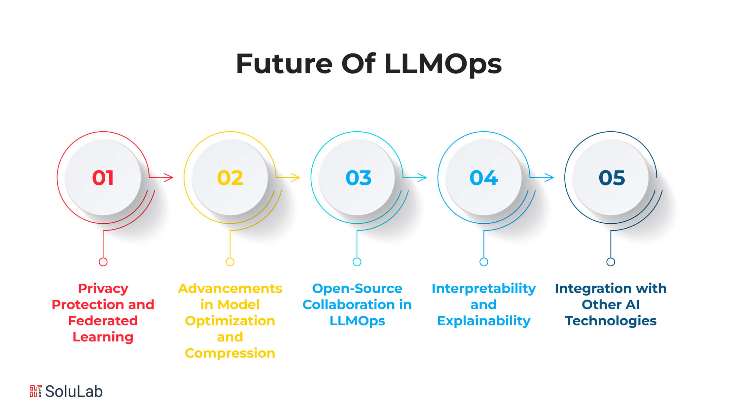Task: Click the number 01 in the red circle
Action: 103,178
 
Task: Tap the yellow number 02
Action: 230,178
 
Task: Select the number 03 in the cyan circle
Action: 359,178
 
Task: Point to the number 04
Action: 484,178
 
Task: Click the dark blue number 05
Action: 612,178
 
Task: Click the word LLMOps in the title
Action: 443,64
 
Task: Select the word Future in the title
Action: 284,63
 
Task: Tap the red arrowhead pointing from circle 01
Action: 169,177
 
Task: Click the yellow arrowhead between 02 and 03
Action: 296,177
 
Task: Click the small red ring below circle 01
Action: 103,262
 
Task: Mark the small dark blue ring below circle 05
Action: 611,262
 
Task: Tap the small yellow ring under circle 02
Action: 230,262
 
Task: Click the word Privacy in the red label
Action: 103,289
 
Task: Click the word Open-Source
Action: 357,289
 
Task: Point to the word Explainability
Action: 484,321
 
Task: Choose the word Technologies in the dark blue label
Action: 611,321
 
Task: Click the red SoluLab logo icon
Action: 35,391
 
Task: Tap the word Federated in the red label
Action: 103,321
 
